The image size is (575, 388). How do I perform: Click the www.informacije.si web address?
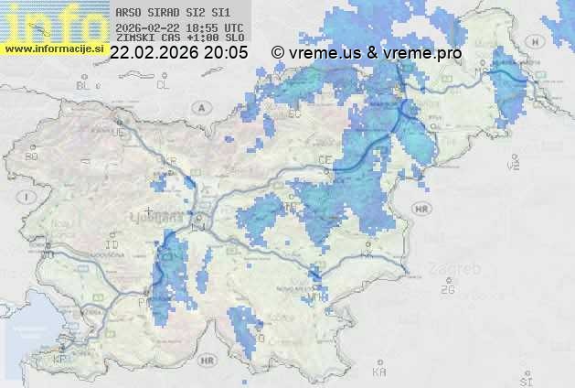(54, 48)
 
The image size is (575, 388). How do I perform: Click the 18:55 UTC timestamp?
(215, 27)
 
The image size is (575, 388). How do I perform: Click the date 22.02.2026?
(152, 53)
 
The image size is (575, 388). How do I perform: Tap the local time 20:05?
(226, 53)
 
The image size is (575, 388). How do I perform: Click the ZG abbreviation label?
(447, 290)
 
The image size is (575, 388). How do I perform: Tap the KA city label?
(379, 372)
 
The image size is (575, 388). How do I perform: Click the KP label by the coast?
(60, 360)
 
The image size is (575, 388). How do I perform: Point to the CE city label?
(324, 159)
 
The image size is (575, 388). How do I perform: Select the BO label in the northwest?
(32, 156)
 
